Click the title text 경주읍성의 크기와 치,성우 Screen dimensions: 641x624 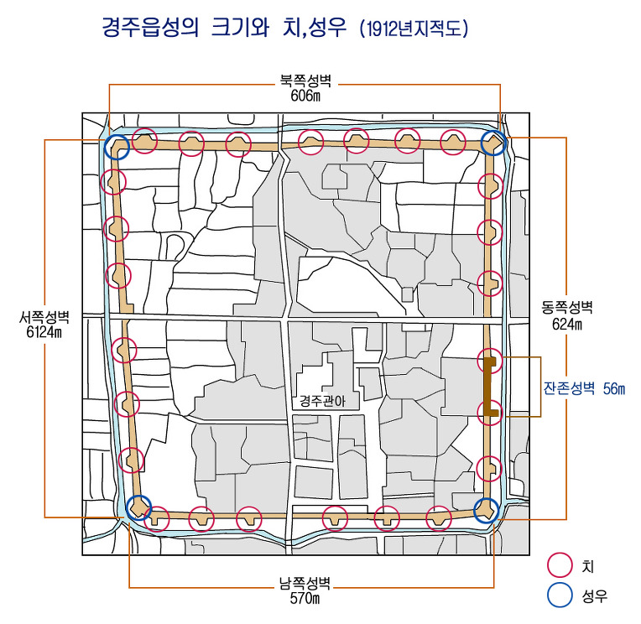[x=224, y=28]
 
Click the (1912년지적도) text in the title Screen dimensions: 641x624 [x=414, y=29]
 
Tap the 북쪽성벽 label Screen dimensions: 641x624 [x=305, y=81]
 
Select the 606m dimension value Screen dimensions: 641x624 [x=305, y=96]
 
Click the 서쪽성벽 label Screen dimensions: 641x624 [x=44, y=317]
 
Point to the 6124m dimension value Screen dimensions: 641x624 [x=44, y=332]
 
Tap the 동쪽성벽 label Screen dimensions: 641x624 [x=567, y=307]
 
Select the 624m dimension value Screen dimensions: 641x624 [x=567, y=324]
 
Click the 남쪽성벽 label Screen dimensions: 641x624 [x=305, y=583]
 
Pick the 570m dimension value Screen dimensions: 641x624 [x=305, y=598]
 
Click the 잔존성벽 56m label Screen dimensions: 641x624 [x=584, y=388]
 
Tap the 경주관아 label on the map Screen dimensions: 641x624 [x=322, y=401]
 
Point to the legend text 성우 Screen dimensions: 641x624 [x=595, y=596]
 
